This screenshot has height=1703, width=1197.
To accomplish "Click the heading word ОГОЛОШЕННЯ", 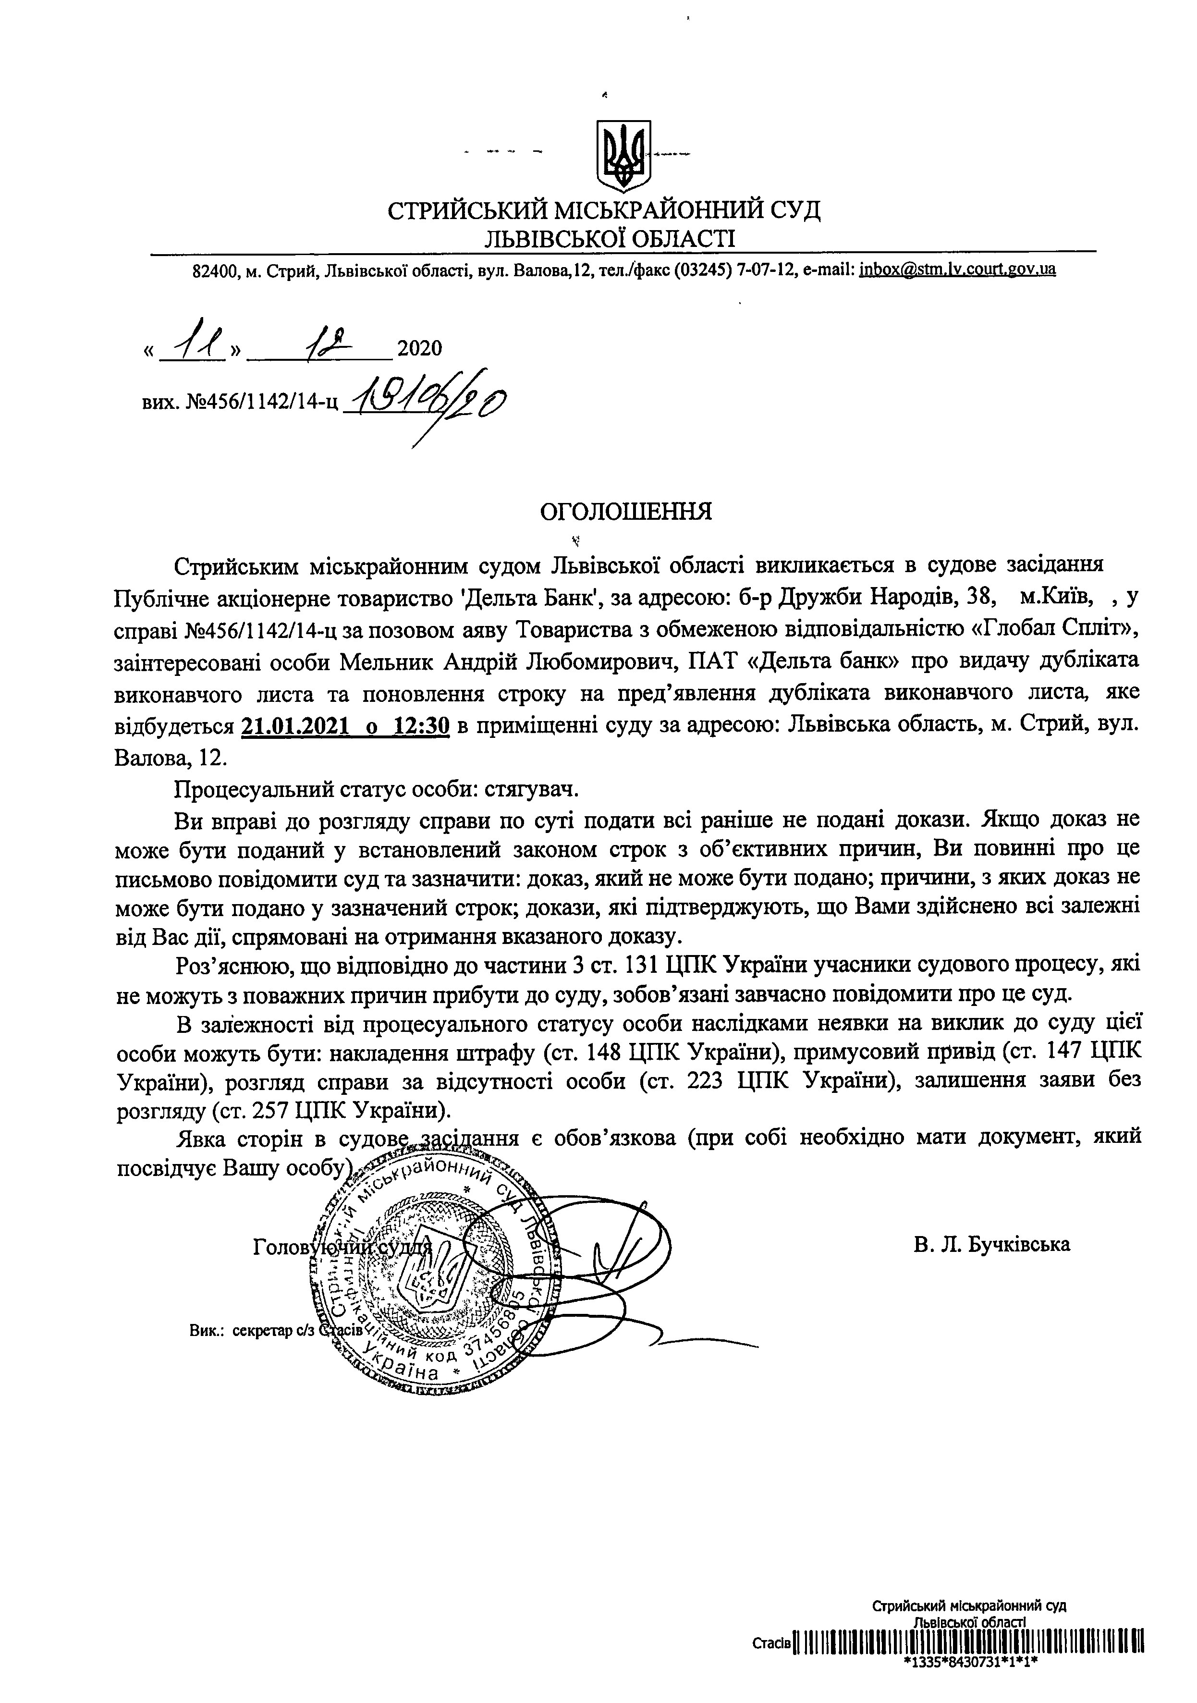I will [625, 512].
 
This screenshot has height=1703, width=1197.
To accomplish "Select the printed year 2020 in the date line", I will [419, 348].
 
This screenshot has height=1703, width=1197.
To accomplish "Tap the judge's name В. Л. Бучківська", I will [992, 1244].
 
